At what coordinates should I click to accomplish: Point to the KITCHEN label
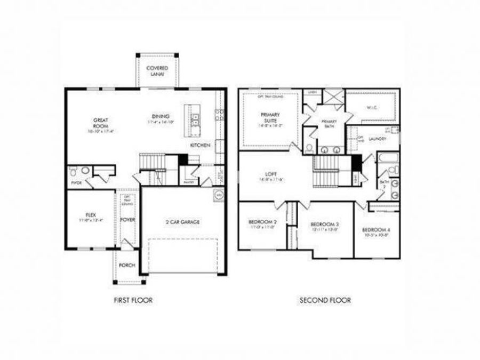[x=200, y=145]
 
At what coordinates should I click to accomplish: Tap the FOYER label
[x=127, y=219]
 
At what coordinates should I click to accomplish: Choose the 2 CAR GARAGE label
[x=182, y=222]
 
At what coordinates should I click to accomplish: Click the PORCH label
[x=127, y=265]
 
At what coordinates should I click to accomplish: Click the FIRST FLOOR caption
[x=133, y=300]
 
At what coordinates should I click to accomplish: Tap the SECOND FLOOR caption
[x=324, y=300]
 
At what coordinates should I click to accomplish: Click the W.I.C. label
[x=372, y=107]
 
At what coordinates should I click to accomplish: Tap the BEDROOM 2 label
[x=262, y=221]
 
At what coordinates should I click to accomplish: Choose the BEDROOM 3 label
[x=325, y=224]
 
